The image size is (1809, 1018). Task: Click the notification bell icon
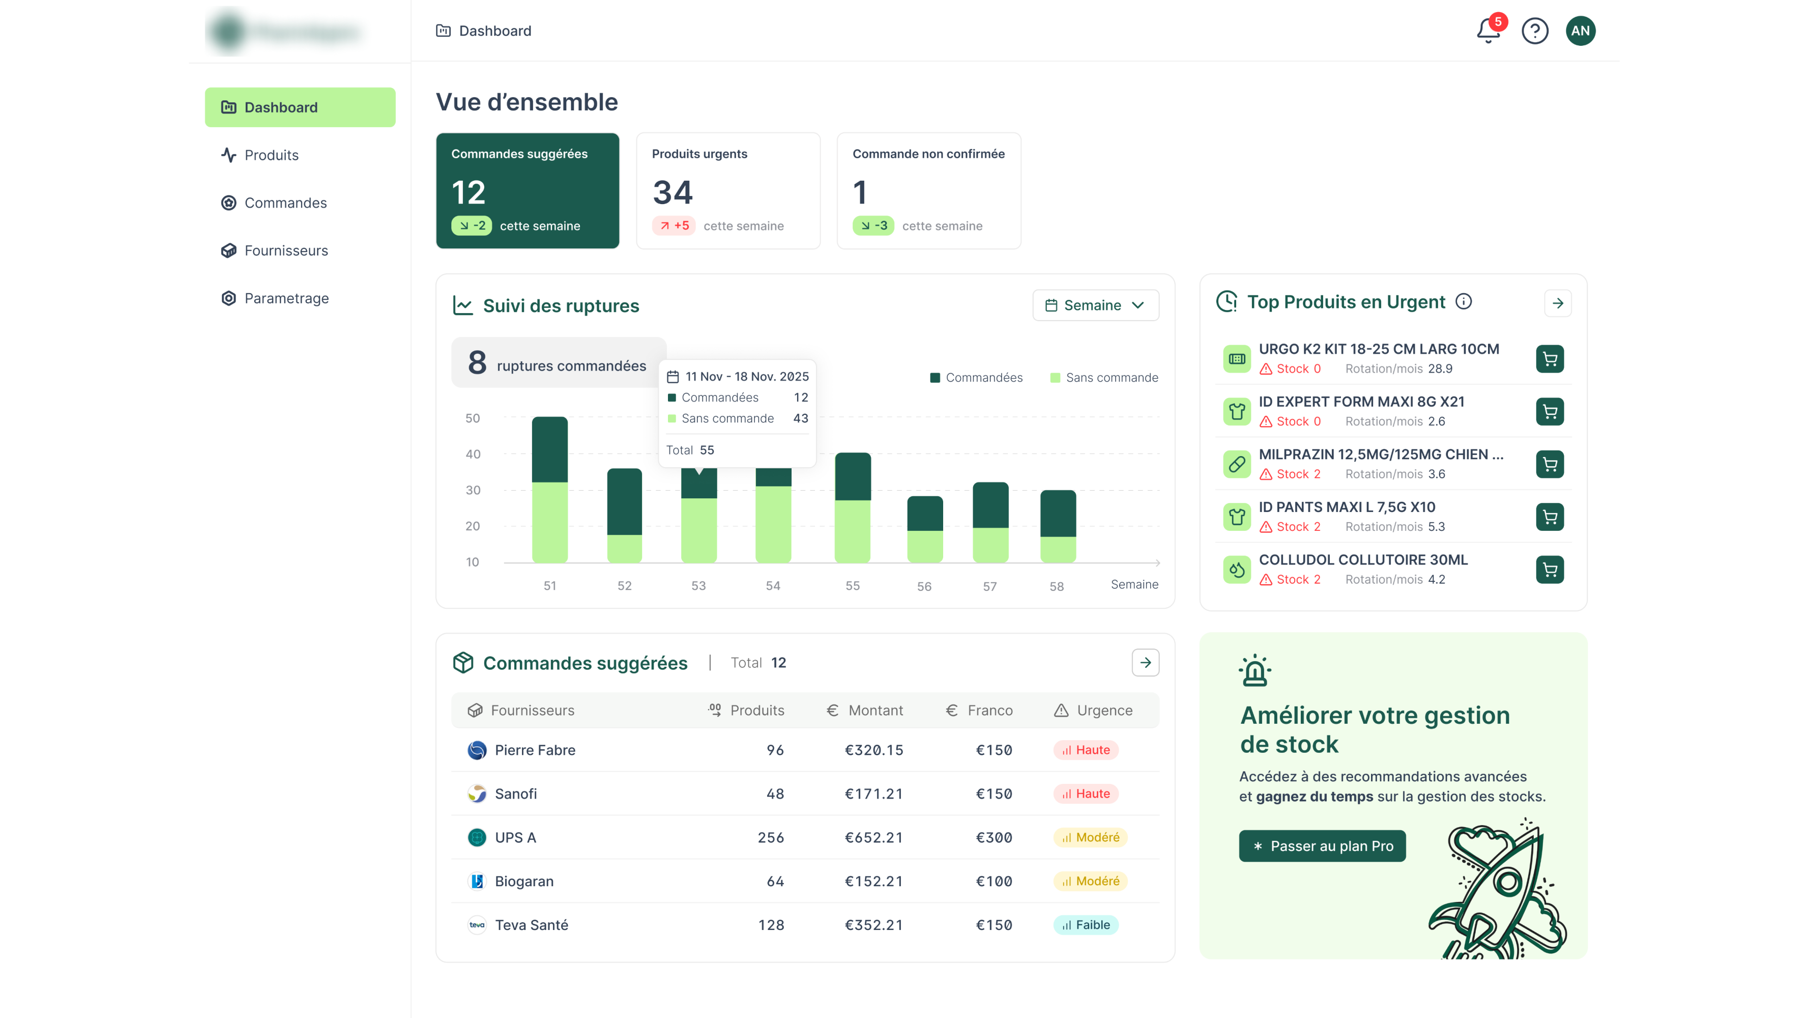pos(1487,31)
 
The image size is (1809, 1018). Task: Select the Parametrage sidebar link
pos(286,299)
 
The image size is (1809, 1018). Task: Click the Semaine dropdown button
pos(1095,305)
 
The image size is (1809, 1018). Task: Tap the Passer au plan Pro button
pos(1322,846)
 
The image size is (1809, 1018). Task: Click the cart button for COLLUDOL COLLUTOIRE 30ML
pos(1549,570)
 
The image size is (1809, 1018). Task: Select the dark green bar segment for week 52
pos(624,502)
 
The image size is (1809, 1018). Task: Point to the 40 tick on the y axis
pos(473,455)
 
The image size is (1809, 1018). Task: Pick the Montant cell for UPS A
pos(873,837)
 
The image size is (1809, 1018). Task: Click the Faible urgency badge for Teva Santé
pos(1086,925)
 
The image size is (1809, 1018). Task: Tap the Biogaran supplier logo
pos(477,881)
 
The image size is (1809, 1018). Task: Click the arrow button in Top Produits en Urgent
pos(1557,303)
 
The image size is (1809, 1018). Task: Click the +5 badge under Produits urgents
pos(674,225)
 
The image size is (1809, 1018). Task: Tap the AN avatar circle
pos(1580,31)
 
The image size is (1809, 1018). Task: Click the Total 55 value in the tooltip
pos(707,450)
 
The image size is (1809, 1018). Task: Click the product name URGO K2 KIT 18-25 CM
pos(1378,349)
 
